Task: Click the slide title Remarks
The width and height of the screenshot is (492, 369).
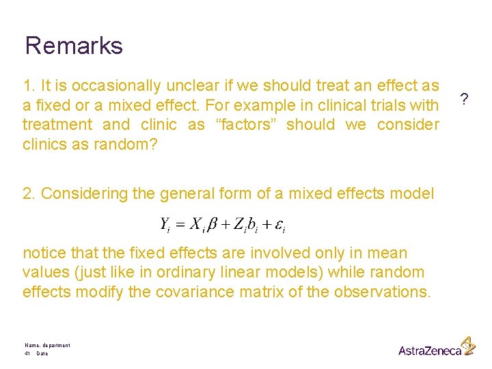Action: (x=74, y=46)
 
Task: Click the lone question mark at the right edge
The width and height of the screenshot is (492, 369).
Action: (x=464, y=100)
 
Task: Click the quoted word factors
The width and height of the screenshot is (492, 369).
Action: (x=245, y=125)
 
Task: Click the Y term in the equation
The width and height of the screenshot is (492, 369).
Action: (x=165, y=224)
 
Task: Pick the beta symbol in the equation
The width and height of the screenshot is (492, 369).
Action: (x=215, y=224)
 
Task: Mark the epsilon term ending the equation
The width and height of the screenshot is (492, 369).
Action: (x=279, y=224)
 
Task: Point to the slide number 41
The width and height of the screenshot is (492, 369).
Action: (x=27, y=353)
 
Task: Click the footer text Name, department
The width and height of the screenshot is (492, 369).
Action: (x=47, y=346)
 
